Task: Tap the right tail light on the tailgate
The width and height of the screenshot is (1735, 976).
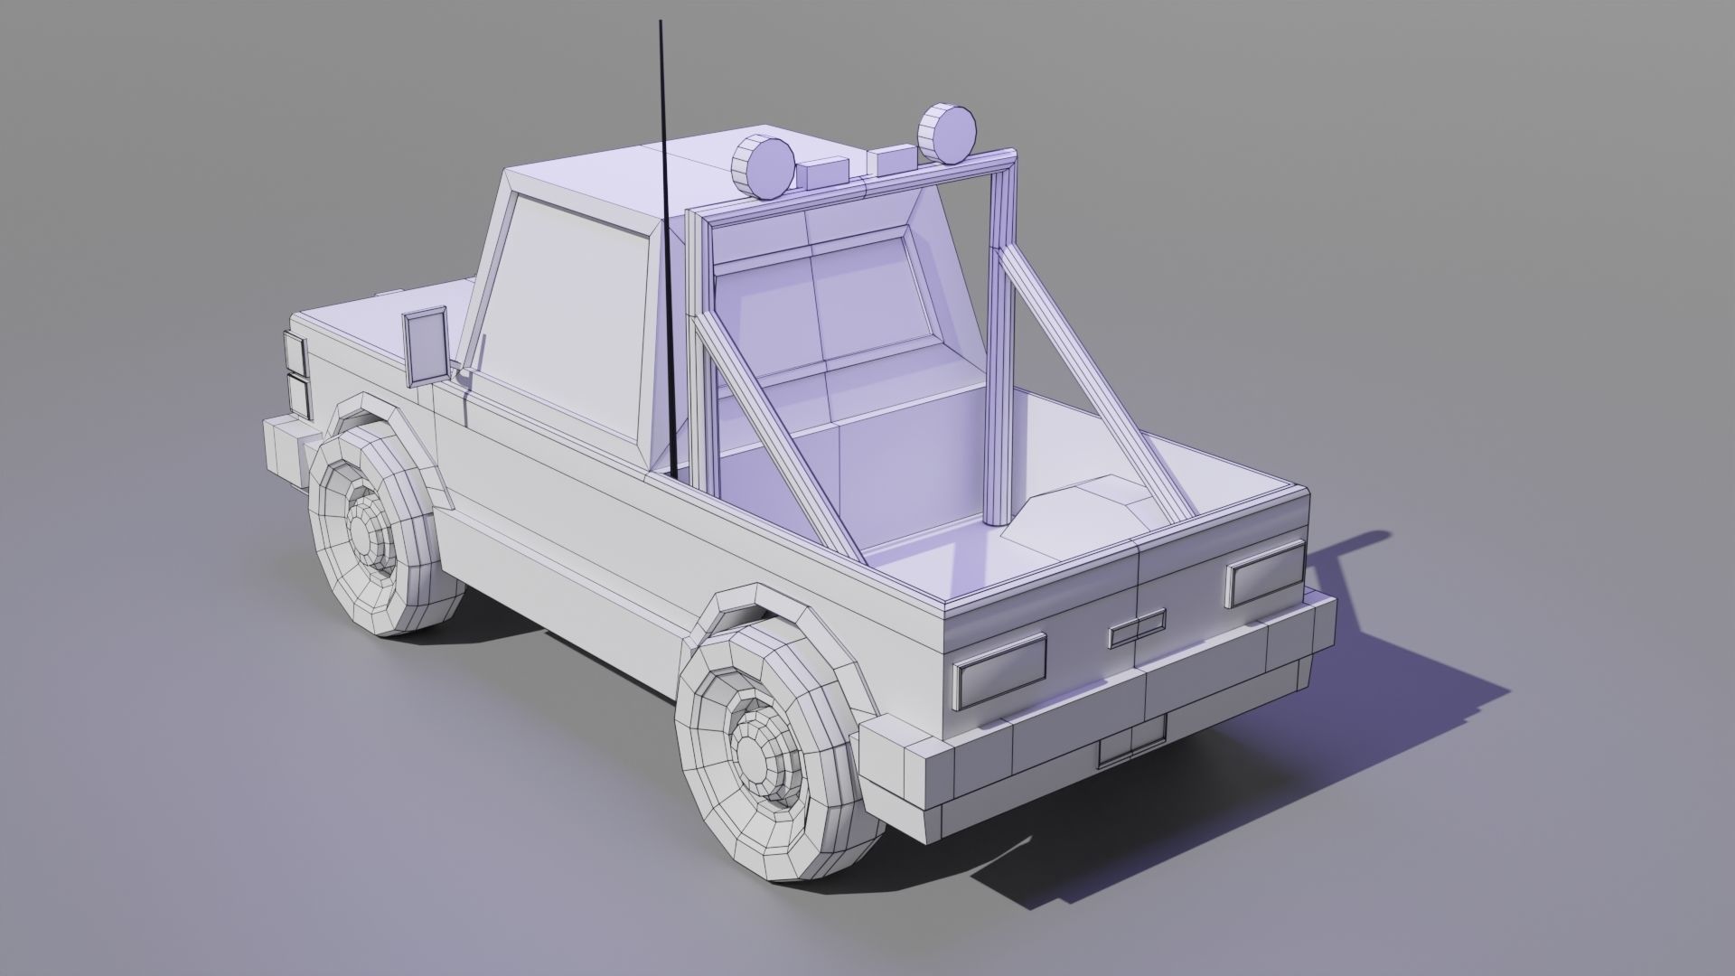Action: coord(1265,573)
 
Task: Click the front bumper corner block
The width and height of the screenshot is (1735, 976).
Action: coord(286,448)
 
